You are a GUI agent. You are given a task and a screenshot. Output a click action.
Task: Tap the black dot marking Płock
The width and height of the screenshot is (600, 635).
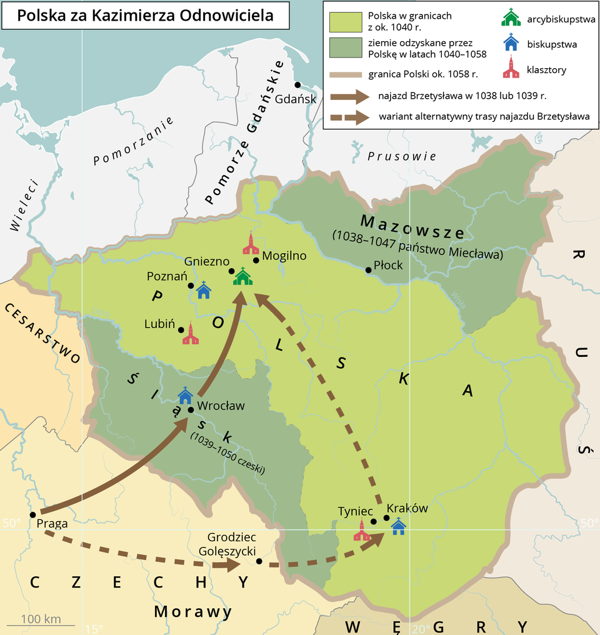368,270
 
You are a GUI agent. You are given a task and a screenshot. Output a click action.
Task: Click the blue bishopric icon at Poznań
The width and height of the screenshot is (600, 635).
204,290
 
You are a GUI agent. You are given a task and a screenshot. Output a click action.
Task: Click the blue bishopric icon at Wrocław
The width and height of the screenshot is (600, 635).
185,395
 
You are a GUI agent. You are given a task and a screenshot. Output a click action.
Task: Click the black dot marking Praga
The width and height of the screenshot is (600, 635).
32,514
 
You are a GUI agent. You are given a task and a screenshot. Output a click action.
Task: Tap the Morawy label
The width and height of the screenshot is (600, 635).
193,611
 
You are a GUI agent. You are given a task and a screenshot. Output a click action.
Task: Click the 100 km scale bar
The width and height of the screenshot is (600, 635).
41,624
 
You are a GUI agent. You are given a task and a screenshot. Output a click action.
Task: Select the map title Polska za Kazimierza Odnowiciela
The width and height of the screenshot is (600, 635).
145,15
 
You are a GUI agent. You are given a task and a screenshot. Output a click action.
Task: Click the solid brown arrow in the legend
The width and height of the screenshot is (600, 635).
350,96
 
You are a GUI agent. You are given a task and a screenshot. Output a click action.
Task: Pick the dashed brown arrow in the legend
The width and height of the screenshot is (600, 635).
350,117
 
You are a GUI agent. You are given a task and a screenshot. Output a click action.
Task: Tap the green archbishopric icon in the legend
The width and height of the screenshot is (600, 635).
511,17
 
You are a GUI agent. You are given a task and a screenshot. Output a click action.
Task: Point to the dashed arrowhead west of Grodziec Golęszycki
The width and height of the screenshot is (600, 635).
229,565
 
